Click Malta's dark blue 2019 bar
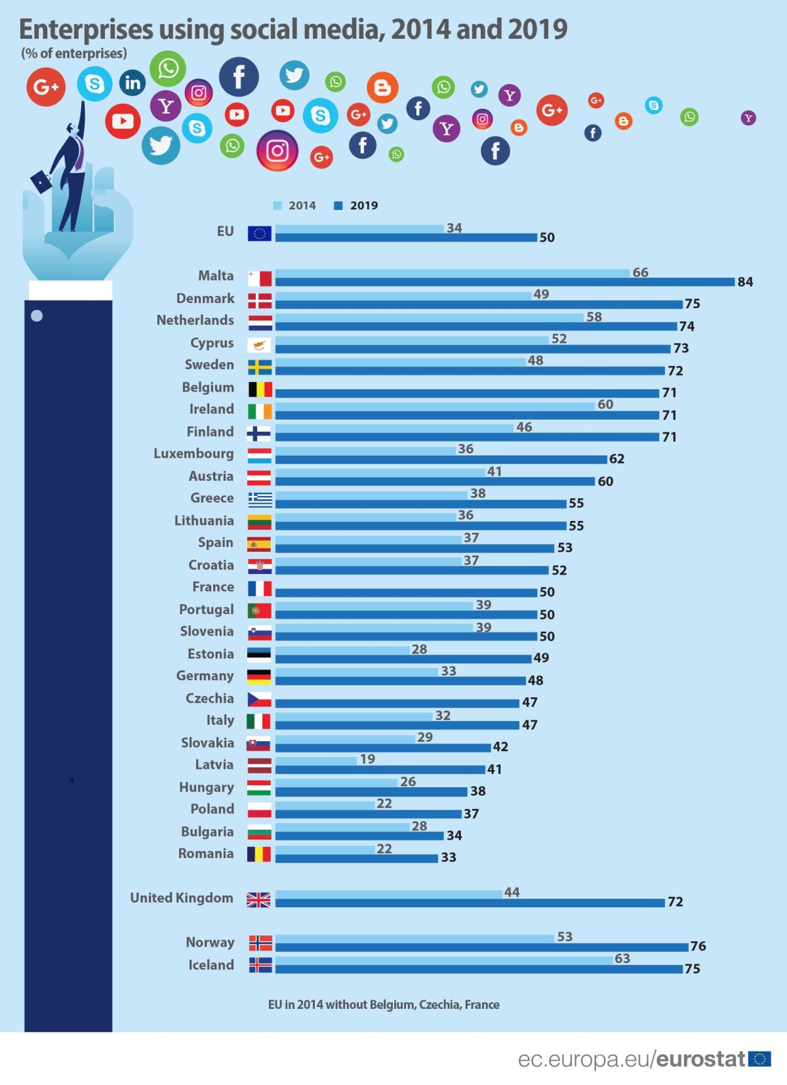coord(505,282)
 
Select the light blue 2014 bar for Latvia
coord(315,760)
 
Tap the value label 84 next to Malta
coord(745,282)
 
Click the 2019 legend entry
coord(357,205)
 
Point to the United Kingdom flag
coord(258,900)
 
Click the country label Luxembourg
coord(193,453)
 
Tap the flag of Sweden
coord(260,367)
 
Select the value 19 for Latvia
coord(367,759)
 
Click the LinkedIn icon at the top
coord(132,83)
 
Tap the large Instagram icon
coord(277,151)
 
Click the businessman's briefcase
coord(41,180)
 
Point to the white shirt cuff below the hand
coord(70,290)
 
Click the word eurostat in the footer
coord(700,1059)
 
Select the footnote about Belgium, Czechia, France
coord(384,1004)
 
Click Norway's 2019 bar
coord(481,947)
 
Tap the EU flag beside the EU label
coord(260,233)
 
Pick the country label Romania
coord(206,853)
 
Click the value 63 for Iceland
coord(622,958)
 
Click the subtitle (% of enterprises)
coord(74,54)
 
